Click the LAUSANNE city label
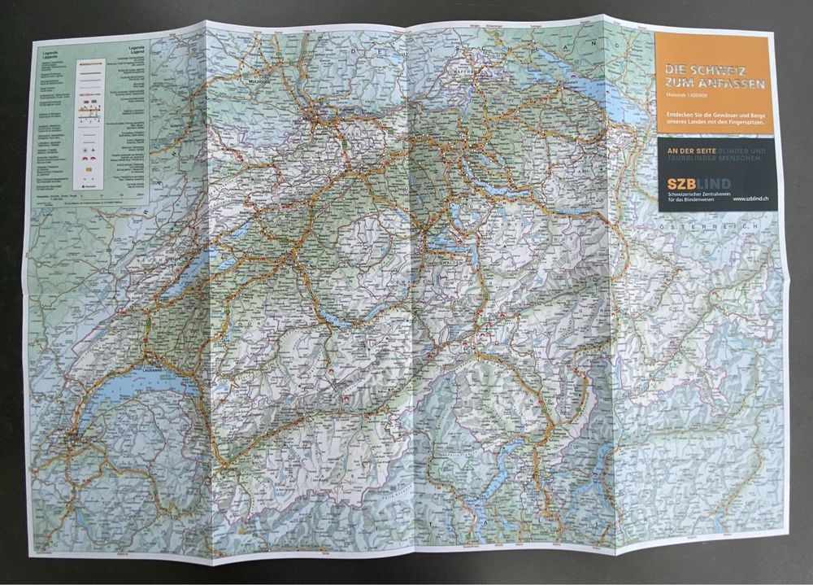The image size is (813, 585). point(154,371)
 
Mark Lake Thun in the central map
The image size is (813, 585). point(329,313)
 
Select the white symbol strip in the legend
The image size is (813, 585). point(88,113)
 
